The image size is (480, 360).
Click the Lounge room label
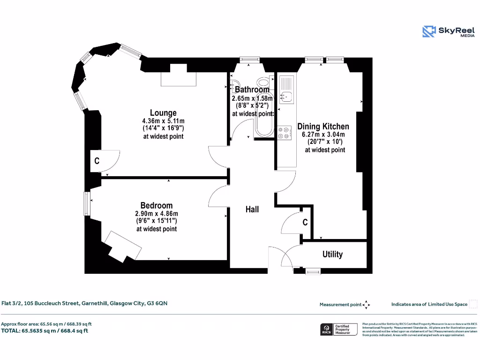(163, 113)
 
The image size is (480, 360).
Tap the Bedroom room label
(157, 205)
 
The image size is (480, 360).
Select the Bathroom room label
(252, 90)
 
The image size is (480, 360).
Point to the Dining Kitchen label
(323, 127)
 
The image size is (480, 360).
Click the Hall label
(252, 210)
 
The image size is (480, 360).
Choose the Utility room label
(332, 254)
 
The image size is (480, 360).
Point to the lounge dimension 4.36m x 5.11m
(163, 120)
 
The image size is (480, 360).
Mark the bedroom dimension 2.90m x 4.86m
(157, 213)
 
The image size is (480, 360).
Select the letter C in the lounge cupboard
(97, 161)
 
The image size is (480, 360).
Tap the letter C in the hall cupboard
(305, 223)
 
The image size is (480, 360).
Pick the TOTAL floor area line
(45, 330)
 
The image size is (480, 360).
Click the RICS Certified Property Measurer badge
(338, 330)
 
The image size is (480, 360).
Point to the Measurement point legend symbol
(367, 305)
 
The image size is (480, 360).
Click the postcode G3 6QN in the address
(157, 303)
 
